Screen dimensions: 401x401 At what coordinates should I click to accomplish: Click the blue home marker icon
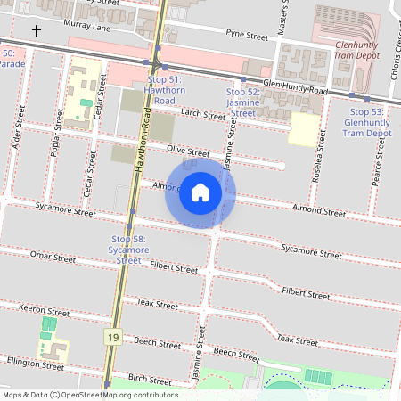200,192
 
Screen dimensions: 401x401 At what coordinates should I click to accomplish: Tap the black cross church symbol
37,31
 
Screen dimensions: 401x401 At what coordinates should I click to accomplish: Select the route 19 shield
112,337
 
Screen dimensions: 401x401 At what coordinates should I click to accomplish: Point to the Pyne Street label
247,35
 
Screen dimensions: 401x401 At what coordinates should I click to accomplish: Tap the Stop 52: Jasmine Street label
242,102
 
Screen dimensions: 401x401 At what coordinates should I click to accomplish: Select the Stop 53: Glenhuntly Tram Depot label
367,122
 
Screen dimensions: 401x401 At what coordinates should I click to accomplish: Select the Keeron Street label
44,312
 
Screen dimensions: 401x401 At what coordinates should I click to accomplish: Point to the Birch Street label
150,379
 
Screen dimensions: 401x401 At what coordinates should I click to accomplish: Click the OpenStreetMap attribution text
89,395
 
